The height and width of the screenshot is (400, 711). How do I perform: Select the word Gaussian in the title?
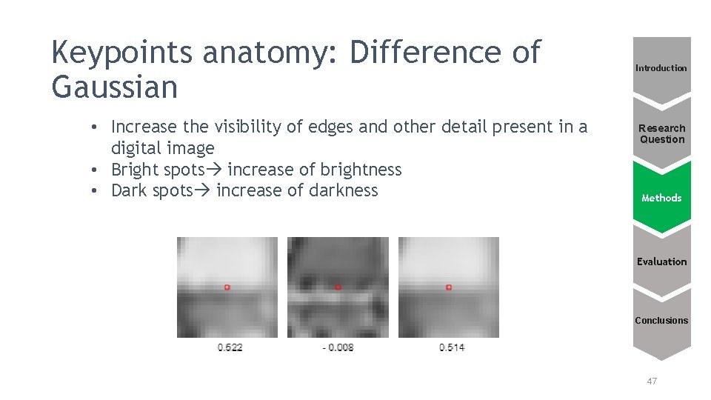tap(115, 88)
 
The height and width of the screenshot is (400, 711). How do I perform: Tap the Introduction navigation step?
tap(661, 68)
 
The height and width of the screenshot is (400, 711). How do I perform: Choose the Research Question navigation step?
tap(662, 133)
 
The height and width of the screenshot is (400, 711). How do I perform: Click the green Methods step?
tap(661, 198)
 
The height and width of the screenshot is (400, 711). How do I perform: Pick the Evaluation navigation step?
tap(661, 261)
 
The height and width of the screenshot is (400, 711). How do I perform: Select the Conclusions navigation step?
tap(661, 321)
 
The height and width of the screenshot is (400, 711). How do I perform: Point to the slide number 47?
tap(652, 381)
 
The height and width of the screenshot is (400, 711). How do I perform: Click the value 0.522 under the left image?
tap(230, 347)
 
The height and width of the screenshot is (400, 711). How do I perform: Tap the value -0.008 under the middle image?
tap(338, 347)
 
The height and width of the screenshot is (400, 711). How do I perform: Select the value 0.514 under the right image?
tap(452, 347)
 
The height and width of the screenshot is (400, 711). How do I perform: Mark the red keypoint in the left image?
tap(227, 287)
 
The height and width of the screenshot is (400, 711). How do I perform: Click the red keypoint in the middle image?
tap(338, 287)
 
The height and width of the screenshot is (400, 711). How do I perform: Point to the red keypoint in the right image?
tap(449, 287)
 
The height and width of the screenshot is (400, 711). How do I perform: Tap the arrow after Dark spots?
tap(203, 190)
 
